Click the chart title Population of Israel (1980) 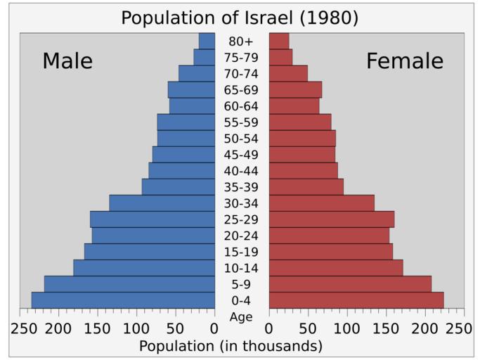[240, 18]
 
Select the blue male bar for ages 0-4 [123, 300]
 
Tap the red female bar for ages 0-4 [356, 300]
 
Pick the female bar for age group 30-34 [321, 203]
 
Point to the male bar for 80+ [207, 41]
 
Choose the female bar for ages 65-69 [295, 90]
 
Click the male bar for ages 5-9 [129, 284]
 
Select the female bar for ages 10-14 [335, 268]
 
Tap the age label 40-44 [241, 171]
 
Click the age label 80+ [241, 41]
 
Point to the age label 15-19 [241, 252]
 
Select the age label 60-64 [241, 106]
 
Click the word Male [67, 61]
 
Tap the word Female [405, 61]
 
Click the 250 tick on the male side [25, 328]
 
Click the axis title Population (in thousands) [231, 346]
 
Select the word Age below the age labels [241, 317]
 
